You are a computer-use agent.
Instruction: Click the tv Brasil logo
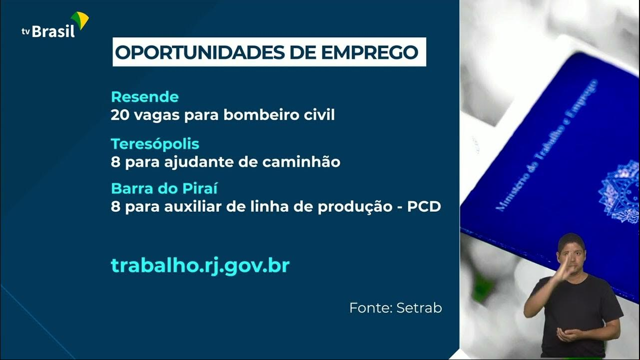pyautogui.click(x=55, y=25)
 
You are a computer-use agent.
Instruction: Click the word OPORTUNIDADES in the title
pyautogui.click(x=200, y=52)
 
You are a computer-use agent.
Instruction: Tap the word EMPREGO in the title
pyautogui.click(x=369, y=52)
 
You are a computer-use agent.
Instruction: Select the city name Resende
pyautogui.click(x=145, y=97)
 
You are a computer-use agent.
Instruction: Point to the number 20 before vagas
pyautogui.click(x=120, y=115)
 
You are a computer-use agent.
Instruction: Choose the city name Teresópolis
pyautogui.click(x=155, y=144)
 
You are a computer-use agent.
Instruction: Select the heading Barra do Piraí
pyautogui.click(x=164, y=188)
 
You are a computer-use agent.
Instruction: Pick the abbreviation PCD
pyautogui.click(x=424, y=207)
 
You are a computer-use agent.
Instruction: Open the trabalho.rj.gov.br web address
pyautogui.click(x=200, y=266)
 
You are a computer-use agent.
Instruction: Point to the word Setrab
pyautogui.click(x=419, y=308)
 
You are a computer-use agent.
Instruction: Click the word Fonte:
pyautogui.click(x=371, y=308)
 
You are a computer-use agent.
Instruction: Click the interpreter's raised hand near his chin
pyautogui.click(x=564, y=268)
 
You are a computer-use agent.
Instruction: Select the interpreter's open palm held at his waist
pyautogui.click(x=567, y=334)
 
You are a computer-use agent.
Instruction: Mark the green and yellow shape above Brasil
pyautogui.click(x=80, y=19)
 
